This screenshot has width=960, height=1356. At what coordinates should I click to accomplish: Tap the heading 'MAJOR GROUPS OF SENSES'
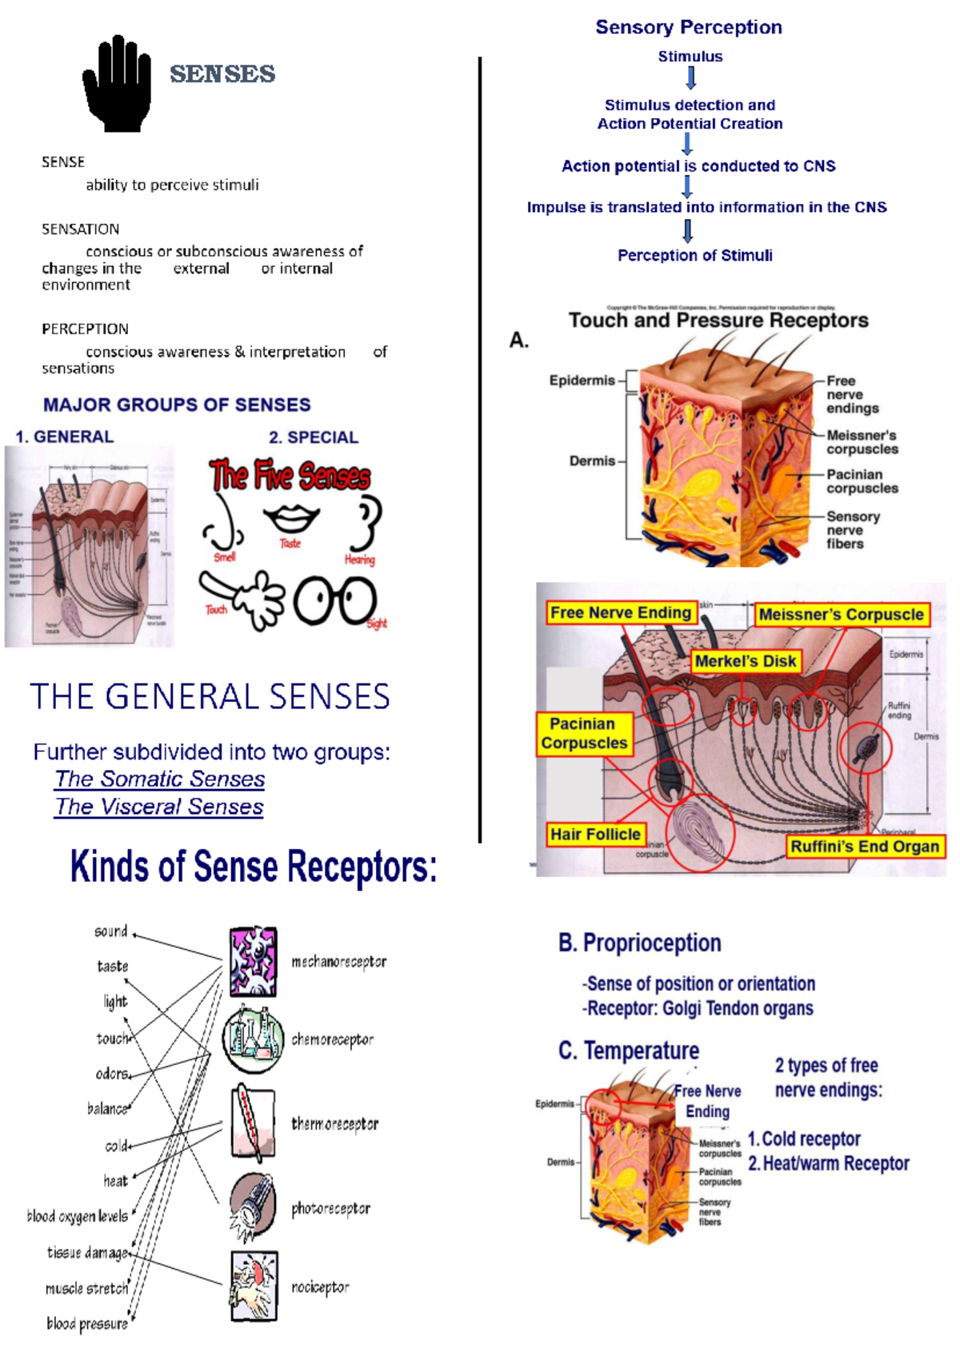pos(177,405)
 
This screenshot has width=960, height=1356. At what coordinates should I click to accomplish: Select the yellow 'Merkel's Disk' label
pos(745,661)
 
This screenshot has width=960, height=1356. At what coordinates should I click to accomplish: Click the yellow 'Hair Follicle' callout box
pos(595,834)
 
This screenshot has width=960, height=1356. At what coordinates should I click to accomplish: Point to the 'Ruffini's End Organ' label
pos(864,846)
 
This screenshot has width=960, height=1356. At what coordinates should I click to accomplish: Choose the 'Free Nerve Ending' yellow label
pos(620,612)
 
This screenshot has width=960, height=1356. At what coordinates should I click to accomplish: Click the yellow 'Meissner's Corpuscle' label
pos(841,614)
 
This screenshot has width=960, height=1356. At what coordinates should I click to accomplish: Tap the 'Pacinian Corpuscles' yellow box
pos(584,733)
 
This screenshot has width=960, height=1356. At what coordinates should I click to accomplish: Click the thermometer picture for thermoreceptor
pos(253,1123)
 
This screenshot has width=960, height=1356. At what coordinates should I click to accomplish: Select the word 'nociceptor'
pos(320,1287)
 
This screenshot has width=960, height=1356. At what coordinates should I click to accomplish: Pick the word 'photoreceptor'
pos(330,1208)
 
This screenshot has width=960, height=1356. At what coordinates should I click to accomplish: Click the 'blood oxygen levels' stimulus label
pos(78,1216)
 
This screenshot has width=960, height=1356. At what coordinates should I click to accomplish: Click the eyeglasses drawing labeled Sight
pos(335,600)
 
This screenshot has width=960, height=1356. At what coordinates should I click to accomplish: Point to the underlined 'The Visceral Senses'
pos(159,807)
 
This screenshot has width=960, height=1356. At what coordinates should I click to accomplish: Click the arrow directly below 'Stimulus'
pos(691,78)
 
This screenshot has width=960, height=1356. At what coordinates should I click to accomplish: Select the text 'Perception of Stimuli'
pos(694,255)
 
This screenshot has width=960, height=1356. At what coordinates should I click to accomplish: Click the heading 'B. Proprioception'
pos(639,943)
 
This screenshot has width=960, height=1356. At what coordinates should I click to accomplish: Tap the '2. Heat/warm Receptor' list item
pos(828,1163)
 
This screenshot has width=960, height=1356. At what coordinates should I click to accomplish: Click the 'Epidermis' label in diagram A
pos(582,380)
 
